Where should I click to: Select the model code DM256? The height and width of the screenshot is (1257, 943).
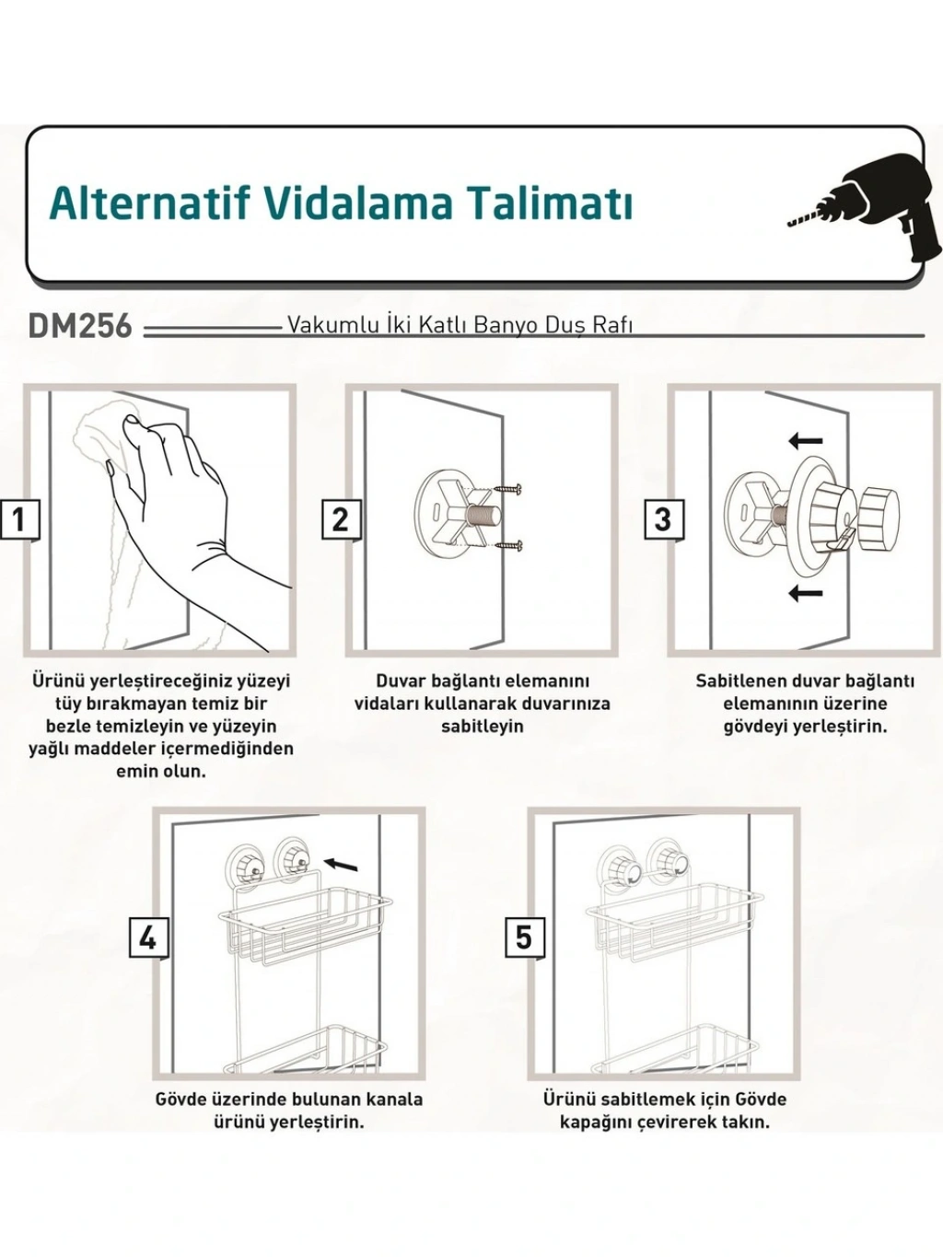(80, 327)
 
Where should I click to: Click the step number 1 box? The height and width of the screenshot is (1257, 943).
(19, 520)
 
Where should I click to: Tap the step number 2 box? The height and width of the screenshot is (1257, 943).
(342, 520)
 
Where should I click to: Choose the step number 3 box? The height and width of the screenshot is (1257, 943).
(664, 520)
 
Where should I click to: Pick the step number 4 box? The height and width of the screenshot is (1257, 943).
(148, 937)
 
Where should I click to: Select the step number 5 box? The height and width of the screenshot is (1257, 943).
(524, 937)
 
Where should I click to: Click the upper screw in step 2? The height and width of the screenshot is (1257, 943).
(509, 488)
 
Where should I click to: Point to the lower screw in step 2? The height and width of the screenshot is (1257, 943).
(509, 546)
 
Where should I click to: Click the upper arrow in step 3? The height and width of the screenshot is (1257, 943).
(806, 441)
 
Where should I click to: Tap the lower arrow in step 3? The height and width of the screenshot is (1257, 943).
(806, 593)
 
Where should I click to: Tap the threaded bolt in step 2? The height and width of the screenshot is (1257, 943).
(484, 517)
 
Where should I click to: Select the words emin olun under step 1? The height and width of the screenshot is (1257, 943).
(161, 771)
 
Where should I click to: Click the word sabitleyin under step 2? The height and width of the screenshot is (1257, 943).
(483, 727)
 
